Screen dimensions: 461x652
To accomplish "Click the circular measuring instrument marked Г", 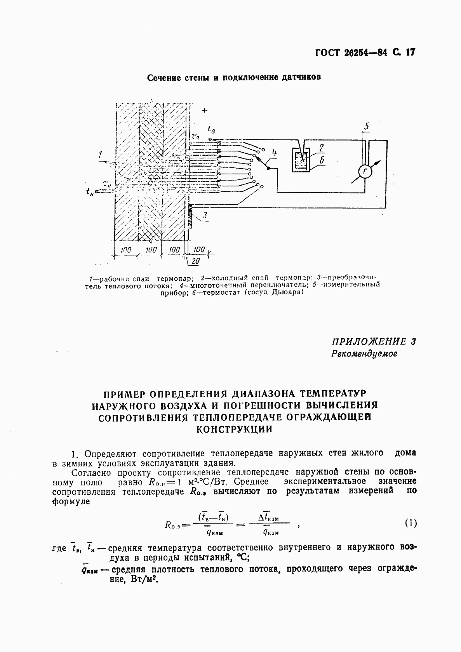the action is click(x=365, y=172).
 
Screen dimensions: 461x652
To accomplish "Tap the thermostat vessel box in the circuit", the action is click(x=301, y=160).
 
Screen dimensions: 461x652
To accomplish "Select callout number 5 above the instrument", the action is click(x=367, y=126).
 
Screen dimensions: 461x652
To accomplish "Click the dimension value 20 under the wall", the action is click(x=195, y=262).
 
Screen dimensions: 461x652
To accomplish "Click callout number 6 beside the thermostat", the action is click(x=322, y=160).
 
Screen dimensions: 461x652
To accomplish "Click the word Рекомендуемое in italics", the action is click(x=364, y=354).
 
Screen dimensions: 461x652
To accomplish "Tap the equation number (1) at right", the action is click(x=411, y=523).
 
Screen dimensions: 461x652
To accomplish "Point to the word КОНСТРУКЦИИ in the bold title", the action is click(x=234, y=429).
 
